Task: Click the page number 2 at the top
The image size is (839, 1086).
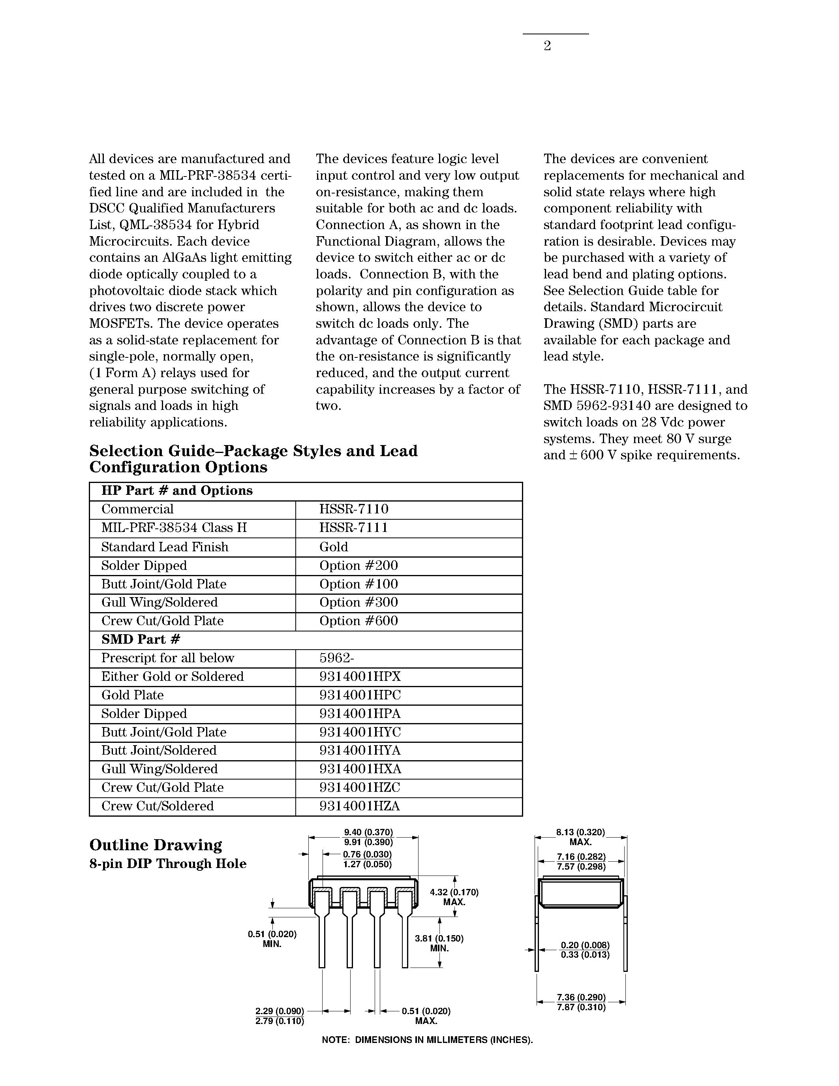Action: (547, 46)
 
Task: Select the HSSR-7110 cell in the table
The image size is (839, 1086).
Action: (353, 509)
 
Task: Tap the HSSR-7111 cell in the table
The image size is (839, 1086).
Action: (353, 528)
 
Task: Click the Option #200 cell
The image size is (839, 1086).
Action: (358, 566)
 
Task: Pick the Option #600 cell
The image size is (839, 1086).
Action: (358, 621)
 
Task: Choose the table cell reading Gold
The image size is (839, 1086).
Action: (334, 547)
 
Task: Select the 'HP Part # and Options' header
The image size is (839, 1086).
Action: (177, 491)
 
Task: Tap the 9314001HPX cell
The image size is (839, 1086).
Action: (360, 677)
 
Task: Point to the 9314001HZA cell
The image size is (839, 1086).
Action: (359, 806)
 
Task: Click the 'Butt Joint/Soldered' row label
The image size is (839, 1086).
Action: (159, 750)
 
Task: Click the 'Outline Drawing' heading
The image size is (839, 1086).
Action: (156, 846)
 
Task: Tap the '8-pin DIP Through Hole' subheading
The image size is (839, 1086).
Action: (167, 864)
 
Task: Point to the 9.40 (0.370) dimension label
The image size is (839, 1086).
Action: (368, 832)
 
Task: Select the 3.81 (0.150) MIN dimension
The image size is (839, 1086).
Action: (439, 943)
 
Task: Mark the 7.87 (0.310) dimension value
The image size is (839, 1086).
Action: (581, 1007)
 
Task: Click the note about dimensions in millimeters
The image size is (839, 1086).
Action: (427, 1040)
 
